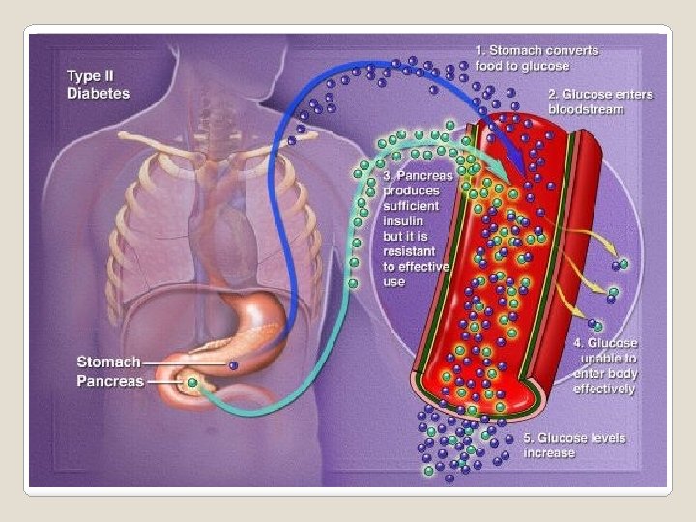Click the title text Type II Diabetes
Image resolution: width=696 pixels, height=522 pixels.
[x=98, y=84]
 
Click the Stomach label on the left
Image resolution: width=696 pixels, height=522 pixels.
[x=107, y=362]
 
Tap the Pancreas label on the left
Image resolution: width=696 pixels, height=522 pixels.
[x=109, y=381]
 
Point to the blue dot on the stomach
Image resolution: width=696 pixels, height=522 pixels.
[x=233, y=365]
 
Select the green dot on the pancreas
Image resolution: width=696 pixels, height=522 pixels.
[x=192, y=383]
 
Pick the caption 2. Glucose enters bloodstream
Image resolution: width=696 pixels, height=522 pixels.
[x=599, y=101]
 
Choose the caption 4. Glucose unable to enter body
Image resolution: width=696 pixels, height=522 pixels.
[x=604, y=365]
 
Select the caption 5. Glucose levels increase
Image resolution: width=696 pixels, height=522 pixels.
[x=574, y=446]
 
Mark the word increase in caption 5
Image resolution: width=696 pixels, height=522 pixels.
[x=549, y=452]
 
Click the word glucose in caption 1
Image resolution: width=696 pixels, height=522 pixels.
[x=546, y=66]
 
